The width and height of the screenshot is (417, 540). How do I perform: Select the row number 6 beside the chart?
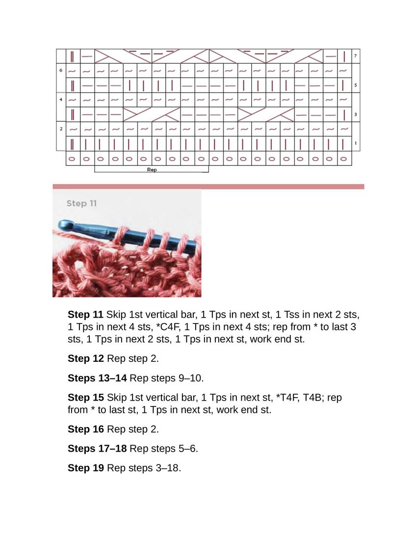tap(61, 71)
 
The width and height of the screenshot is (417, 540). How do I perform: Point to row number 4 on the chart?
tap(61, 100)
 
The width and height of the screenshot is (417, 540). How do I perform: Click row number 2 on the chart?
tap(61, 129)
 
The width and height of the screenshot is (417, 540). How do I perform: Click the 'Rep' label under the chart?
tap(152, 170)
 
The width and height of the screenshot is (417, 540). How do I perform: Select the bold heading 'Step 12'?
tap(86, 359)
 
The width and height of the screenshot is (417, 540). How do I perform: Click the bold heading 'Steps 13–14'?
tap(97, 378)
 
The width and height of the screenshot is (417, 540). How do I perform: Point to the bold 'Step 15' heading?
tap(86, 397)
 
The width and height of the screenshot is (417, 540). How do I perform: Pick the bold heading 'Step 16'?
tap(86, 429)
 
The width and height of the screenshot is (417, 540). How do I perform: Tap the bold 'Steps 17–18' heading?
tap(97, 449)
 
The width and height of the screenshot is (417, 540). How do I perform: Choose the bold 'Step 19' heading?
tap(86, 468)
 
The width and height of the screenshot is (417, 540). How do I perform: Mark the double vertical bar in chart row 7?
tap(73, 56)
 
